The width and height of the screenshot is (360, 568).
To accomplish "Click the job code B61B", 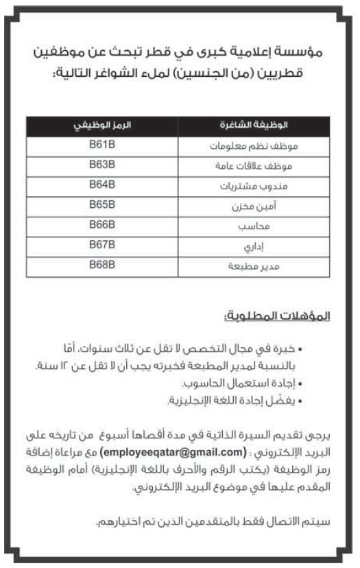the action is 102,145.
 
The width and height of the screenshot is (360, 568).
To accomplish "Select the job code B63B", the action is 102,165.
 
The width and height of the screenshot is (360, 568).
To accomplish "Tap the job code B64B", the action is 102,185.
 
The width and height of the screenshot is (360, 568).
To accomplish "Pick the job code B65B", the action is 102,204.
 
